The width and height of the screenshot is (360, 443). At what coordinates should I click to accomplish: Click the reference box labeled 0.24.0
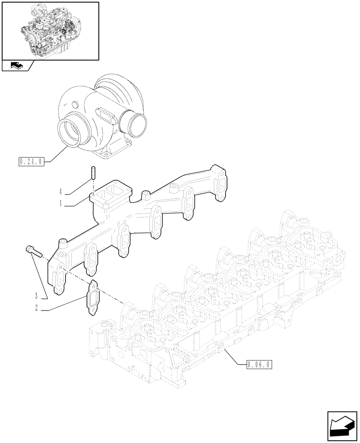[x=31, y=162]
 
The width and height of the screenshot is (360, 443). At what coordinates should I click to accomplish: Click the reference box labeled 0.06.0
[x=259, y=365]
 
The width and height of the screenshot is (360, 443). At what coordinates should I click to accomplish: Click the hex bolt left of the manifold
[x=32, y=251]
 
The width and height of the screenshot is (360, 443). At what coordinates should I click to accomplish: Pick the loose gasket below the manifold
[x=92, y=299]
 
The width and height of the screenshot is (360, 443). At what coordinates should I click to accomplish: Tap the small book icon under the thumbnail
[x=16, y=66]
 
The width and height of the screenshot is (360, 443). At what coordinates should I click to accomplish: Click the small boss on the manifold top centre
[x=145, y=195]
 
